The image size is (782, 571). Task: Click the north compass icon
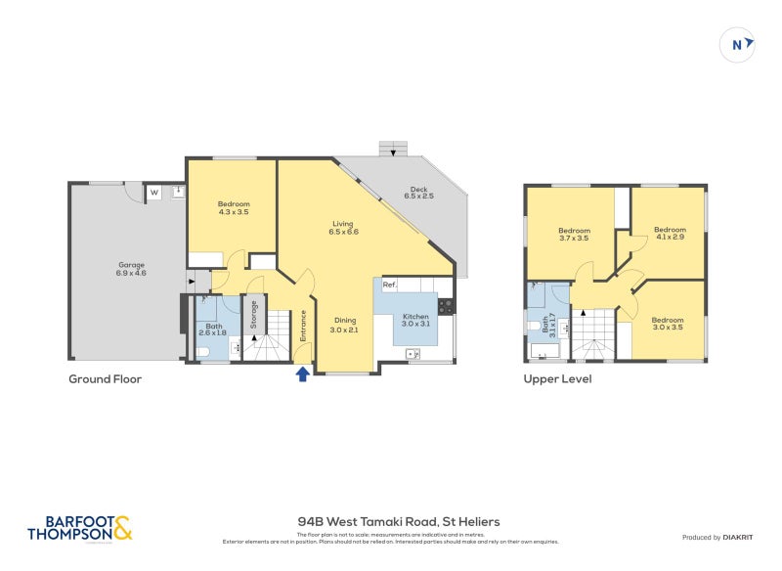point(738,44)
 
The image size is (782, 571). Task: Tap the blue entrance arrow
point(303,373)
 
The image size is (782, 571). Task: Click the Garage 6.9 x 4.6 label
point(125,269)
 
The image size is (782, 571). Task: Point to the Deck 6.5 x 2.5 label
point(418,193)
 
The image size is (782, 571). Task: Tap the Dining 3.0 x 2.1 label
point(344,325)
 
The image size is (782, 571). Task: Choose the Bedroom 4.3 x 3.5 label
point(234,208)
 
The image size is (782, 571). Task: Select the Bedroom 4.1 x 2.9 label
point(670,234)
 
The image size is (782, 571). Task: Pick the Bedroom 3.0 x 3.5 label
point(668,324)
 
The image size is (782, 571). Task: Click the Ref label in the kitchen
point(389,285)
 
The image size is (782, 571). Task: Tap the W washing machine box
point(154,194)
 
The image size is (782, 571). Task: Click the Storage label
point(254,314)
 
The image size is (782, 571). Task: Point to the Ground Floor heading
point(105,379)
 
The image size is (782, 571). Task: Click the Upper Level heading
point(557,379)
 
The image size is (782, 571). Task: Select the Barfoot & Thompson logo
point(79,529)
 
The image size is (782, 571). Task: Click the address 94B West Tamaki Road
point(398,522)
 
